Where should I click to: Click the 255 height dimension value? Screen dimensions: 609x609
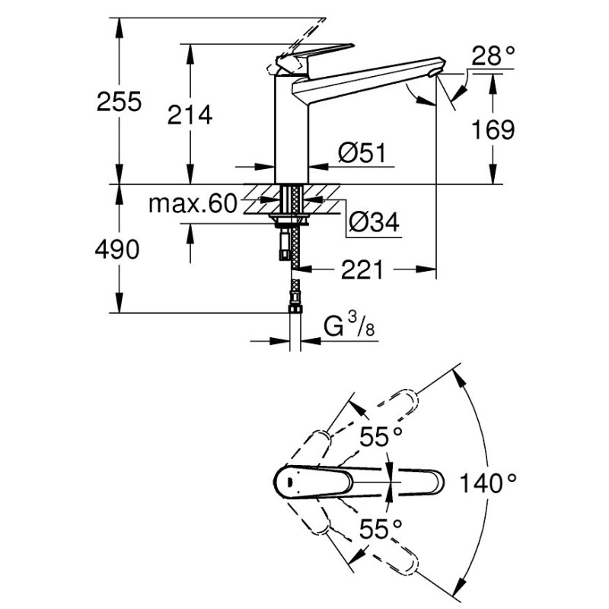point(120,102)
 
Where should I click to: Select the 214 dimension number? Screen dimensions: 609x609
point(190,115)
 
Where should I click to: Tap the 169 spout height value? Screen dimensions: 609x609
point(493,129)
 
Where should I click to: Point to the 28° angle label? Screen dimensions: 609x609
point(493,56)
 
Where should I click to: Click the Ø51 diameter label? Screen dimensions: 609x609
point(362,153)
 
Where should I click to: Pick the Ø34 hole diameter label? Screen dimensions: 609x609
point(374,222)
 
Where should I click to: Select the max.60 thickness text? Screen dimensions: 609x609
point(193,203)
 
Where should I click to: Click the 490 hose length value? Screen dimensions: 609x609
point(117,250)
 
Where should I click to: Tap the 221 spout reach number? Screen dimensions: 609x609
point(362,269)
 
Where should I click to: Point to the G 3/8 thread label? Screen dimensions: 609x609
point(349,326)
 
